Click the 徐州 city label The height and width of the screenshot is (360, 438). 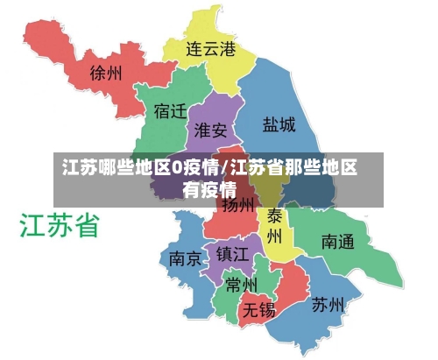pyautogui.click(x=106, y=73)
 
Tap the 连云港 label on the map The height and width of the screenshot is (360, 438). pyautogui.click(x=211, y=49)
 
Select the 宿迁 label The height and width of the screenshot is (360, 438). pyautogui.click(x=170, y=112)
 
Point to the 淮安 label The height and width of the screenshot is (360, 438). pyautogui.click(x=210, y=131)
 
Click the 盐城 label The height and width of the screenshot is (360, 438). pyautogui.click(x=279, y=125)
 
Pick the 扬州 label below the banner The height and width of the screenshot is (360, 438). pyautogui.click(x=237, y=206)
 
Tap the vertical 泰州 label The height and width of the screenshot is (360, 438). pyautogui.click(x=274, y=225)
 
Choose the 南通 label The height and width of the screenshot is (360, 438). pyautogui.click(x=338, y=240)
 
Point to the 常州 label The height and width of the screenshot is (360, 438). pyautogui.click(x=240, y=285)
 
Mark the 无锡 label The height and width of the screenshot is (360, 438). pyautogui.click(x=259, y=309)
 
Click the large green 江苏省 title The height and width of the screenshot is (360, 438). pyautogui.click(x=60, y=226)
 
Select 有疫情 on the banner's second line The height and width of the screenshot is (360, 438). pyautogui.click(x=209, y=187)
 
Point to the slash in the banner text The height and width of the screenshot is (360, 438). pyautogui.click(x=226, y=167)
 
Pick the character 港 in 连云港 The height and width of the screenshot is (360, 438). pyautogui.click(x=228, y=49)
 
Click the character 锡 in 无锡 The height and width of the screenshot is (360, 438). pyautogui.click(x=267, y=309)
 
